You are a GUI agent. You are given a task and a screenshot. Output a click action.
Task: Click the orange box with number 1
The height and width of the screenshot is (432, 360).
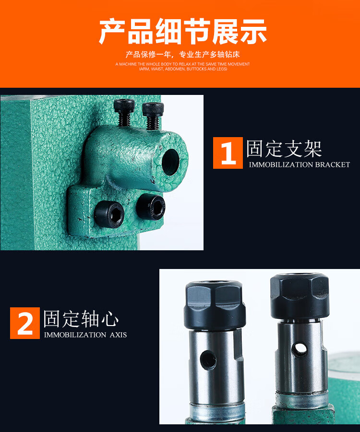[228, 153]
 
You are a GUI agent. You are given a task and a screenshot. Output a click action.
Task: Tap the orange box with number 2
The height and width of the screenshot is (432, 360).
[25, 323]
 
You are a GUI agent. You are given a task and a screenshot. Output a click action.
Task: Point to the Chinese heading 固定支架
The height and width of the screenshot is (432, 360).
[284, 149]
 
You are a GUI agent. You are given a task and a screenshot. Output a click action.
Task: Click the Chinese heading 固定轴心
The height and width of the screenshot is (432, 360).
[81, 319]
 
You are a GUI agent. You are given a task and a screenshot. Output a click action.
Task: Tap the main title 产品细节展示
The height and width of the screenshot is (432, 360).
[183, 32]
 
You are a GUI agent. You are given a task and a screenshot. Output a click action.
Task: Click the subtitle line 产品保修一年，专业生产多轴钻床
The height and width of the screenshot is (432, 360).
[182, 55]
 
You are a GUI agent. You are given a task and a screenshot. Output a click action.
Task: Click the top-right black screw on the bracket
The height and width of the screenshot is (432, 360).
[153, 116]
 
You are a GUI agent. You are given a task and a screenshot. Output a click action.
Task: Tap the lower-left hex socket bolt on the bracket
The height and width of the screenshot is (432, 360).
[109, 214]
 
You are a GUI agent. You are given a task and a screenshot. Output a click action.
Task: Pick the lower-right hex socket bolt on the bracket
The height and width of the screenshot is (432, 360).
[151, 207]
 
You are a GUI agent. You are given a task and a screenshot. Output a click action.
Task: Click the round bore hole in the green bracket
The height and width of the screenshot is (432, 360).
[170, 162]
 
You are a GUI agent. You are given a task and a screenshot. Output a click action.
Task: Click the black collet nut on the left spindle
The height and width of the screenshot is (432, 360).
[215, 305]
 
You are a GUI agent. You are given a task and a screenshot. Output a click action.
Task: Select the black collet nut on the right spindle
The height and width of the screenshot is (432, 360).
[300, 296]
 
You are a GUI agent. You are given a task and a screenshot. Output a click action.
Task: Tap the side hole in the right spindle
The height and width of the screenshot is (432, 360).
[300, 350]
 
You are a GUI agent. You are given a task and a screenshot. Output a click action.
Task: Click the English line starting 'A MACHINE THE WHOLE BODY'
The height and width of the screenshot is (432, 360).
[182, 64]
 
